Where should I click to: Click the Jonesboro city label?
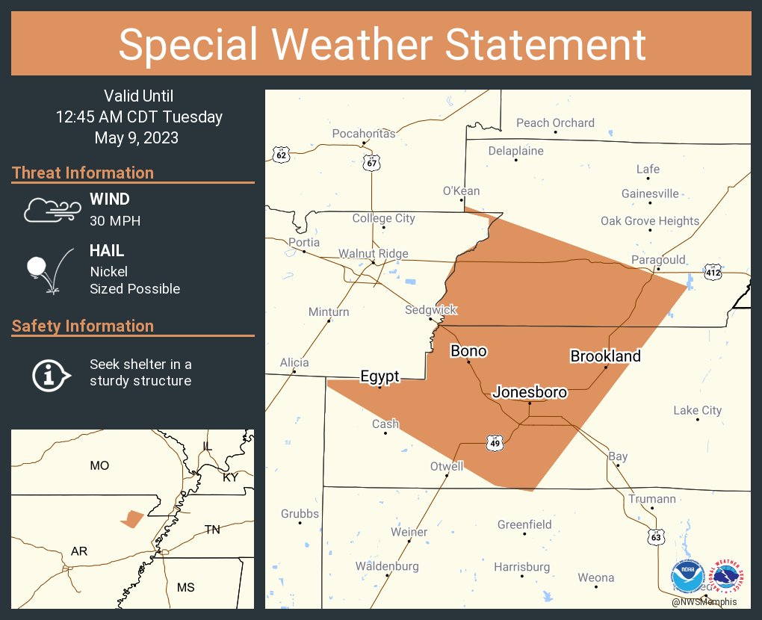(530, 391)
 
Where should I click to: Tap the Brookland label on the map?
(605, 356)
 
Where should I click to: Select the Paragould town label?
(658, 259)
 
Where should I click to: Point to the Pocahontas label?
(364, 133)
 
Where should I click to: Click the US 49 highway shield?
(495, 443)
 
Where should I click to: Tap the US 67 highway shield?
(373, 162)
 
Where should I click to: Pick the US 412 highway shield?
(714, 273)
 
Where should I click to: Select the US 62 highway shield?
(281, 155)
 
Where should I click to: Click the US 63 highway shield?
(656, 536)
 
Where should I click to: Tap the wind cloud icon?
(51, 209)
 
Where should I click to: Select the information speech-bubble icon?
(50, 373)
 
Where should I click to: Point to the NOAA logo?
(687, 577)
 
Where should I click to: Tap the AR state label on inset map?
(79, 551)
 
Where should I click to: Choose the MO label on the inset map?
(99, 465)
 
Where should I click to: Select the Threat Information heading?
(83, 173)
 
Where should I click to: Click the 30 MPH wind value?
(115, 220)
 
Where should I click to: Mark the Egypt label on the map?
(380, 376)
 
